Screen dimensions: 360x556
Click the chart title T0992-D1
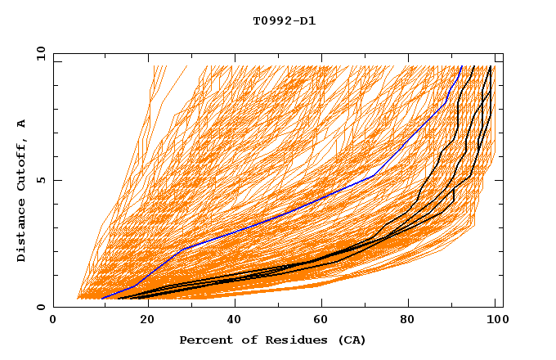285,21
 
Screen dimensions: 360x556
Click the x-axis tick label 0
54,321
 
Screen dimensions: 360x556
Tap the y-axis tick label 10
40,54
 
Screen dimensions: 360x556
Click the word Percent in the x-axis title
205,340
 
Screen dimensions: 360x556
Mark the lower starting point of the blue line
101,299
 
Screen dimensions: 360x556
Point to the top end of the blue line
461,66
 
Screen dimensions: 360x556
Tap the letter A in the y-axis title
22,123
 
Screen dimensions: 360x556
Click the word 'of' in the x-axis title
249,340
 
